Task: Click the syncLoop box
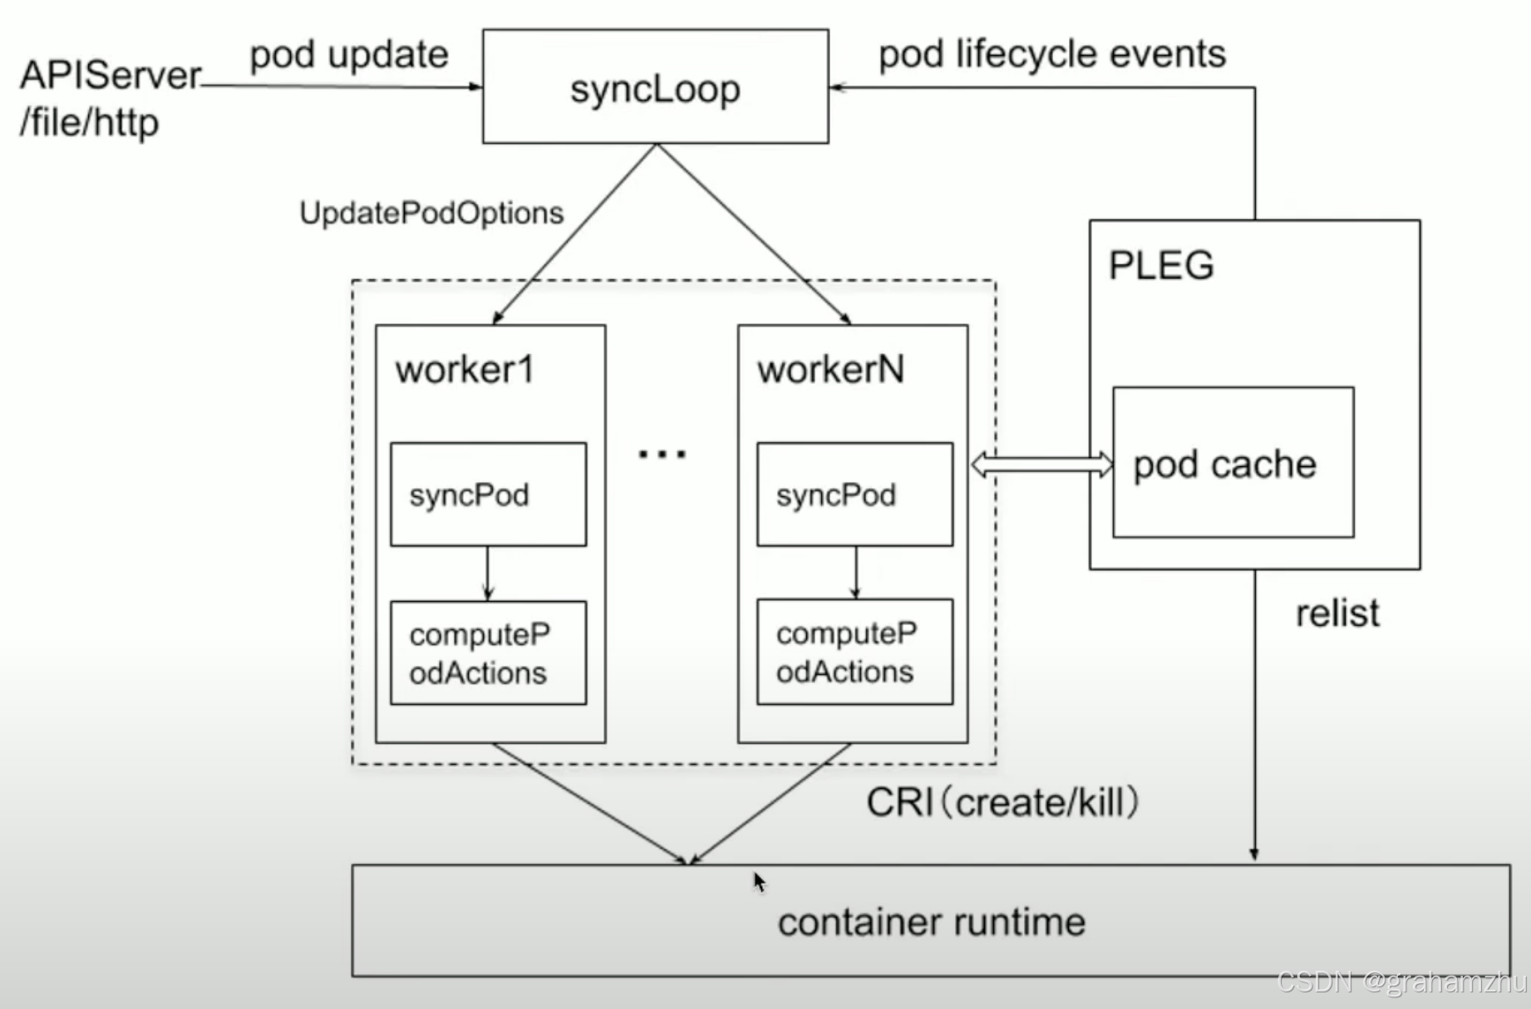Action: [x=655, y=87]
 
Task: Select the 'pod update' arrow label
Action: [x=349, y=55]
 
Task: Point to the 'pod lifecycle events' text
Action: [x=1051, y=55]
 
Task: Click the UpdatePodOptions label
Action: [x=431, y=214]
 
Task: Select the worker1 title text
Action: [x=464, y=370]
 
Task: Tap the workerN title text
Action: [x=829, y=370]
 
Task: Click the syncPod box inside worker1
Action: [x=488, y=495]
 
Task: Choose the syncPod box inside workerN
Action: [x=854, y=495]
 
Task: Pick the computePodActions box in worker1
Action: [x=488, y=653]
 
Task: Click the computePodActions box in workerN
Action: [x=854, y=652]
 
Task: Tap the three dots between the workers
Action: [x=662, y=454]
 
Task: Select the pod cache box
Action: [x=1233, y=463]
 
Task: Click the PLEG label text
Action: [x=1161, y=266]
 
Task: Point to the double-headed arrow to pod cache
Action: [x=1041, y=465]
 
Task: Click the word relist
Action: [x=1337, y=613]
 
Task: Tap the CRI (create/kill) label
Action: [x=1002, y=803]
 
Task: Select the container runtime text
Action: [x=931, y=922]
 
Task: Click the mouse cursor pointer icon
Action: [x=759, y=881]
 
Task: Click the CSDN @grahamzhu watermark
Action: [x=1401, y=983]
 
